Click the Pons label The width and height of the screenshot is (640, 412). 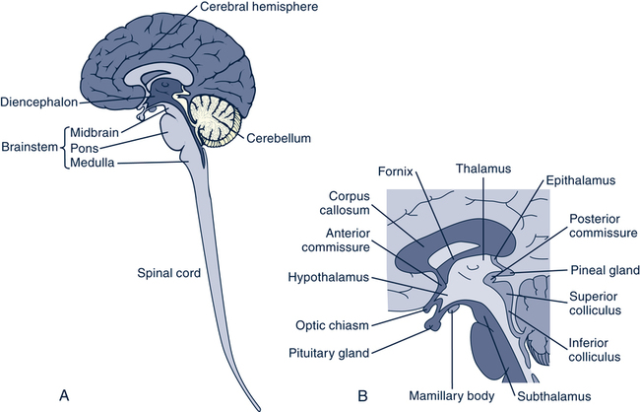pos(86,148)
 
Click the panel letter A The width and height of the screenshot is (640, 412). pos(64,396)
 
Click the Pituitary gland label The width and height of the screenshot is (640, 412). pos(329,352)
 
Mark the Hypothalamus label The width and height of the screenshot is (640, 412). pos(329,278)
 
